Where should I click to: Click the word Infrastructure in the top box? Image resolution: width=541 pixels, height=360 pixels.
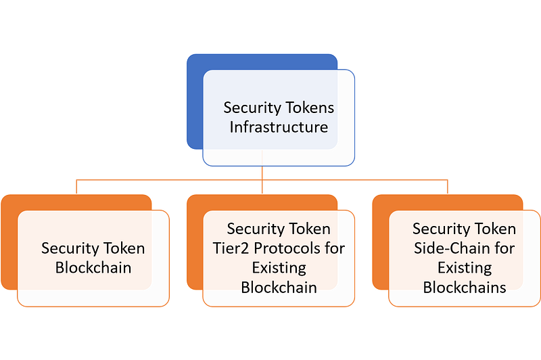(279, 127)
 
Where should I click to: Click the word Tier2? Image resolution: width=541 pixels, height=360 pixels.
(231, 248)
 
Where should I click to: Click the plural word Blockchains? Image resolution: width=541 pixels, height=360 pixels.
(465, 288)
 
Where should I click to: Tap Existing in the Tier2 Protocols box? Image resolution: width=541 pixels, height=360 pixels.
(279, 269)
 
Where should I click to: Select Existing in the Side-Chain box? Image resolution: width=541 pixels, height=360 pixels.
(465, 269)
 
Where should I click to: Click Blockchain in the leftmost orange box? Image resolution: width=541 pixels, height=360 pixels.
(93, 268)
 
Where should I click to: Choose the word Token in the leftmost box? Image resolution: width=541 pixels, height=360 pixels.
(124, 248)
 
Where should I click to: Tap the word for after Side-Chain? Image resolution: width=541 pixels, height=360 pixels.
(504, 248)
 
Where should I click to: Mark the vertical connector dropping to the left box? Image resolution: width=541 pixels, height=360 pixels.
(76, 187)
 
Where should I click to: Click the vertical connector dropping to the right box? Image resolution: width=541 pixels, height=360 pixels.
(448, 187)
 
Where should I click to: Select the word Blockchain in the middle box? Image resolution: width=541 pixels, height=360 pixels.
(279, 288)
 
